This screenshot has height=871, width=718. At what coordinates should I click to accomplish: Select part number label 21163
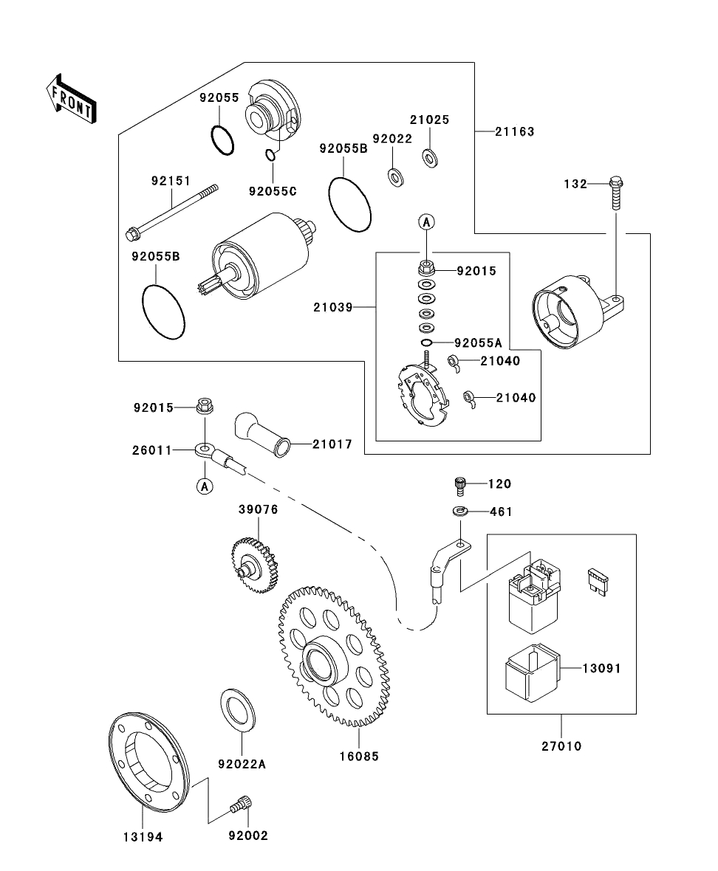tap(514, 131)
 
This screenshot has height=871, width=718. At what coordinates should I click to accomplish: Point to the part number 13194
tap(143, 836)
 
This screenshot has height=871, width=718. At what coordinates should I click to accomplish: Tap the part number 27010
tap(561, 746)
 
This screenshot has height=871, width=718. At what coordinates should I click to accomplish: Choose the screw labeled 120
tap(459, 485)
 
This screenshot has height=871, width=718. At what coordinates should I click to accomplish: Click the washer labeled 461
tap(460, 511)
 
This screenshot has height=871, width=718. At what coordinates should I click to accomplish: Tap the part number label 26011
tap(152, 450)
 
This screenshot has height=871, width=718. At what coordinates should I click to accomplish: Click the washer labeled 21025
tap(429, 156)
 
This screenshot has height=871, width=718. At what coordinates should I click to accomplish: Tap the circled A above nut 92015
tap(426, 221)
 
